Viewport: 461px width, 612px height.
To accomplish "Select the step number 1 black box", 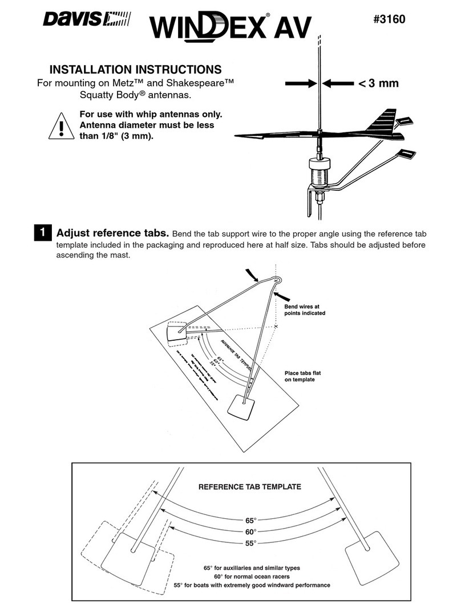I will click(42, 233).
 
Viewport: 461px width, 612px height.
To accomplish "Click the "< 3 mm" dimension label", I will click(378, 84).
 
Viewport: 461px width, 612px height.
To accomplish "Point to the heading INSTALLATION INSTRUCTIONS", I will click(136, 70).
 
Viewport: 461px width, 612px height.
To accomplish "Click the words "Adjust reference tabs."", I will click(112, 233).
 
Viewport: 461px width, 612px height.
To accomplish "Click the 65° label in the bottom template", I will click(250, 521).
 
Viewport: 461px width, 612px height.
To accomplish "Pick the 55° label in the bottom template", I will click(250, 543).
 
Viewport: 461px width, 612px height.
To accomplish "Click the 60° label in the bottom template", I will click(250, 532).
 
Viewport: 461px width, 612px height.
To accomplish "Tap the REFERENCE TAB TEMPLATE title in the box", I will click(249, 487).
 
